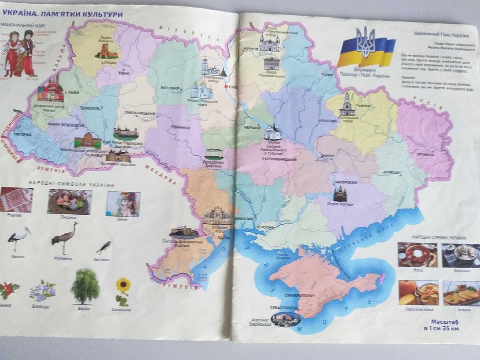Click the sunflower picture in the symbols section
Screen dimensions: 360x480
tap(122, 290)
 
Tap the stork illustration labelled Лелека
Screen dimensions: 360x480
tap(19, 238)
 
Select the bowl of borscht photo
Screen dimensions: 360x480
tap(417, 255)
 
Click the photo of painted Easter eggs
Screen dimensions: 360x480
tap(69, 201)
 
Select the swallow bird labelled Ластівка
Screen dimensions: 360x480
tap(103, 247)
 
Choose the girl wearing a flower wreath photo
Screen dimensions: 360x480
tap(123, 204)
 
